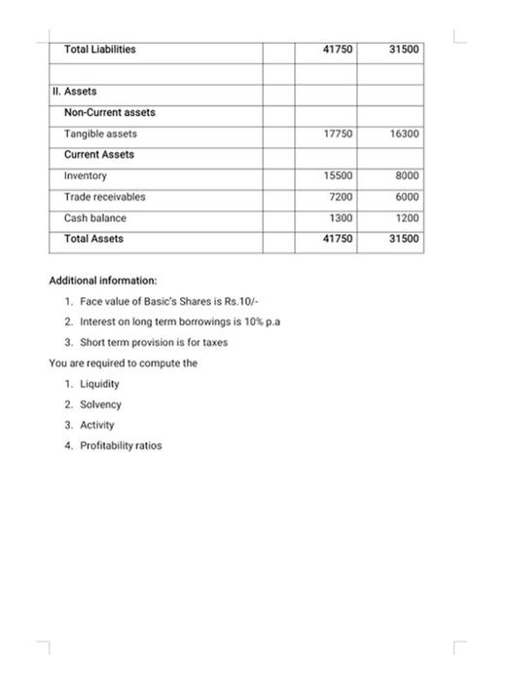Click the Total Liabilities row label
pyautogui.click(x=99, y=49)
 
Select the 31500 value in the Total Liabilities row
pyautogui.click(x=403, y=49)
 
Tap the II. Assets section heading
pyautogui.click(x=75, y=92)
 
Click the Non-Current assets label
pyautogui.click(x=109, y=113)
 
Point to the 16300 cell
pyautogui.click(x=404, y=133)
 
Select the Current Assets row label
pyautogui.click(x=99, y=155)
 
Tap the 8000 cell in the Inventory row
pyautogui.click(x=407, y=176)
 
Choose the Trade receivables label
pyautogui.click(x=104, y=197)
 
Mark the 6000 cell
pyautogui.click(x=407, y=197)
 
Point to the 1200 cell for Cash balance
pyautogui.click(x=407, y=218)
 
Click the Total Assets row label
pyautogui.click(x=93, y=239)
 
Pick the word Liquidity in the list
pyautogui.click(x=99, y=384)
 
